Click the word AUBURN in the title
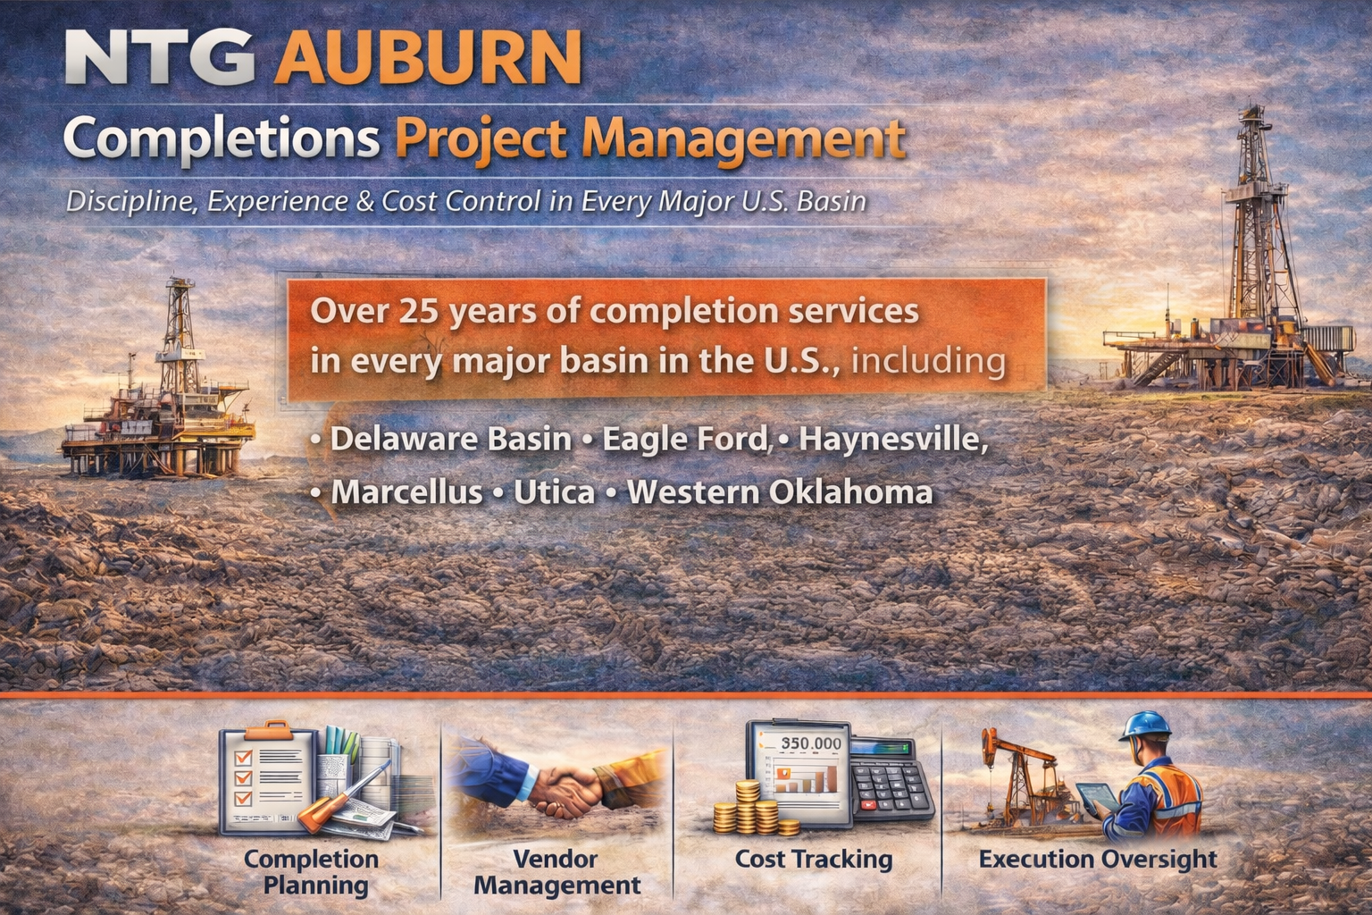coord(429,56)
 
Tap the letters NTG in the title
coord(159,56)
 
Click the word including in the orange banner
coord(928,360)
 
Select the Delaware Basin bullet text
coord(450,439)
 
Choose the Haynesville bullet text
coord(893,439)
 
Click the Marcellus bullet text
coord(406,491)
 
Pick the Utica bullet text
coord(554,491)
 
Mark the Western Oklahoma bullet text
coord(779,491)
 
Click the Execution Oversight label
coord(1097,859)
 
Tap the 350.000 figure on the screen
coord(810,743)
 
